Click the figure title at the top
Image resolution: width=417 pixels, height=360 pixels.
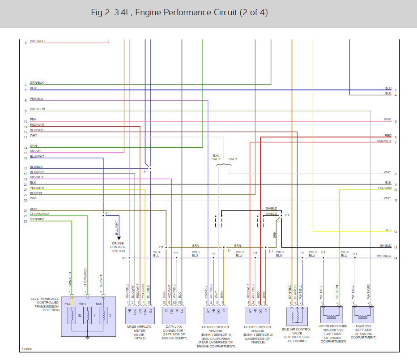[179, 13]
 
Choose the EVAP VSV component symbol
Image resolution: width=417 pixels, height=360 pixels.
[363, 313]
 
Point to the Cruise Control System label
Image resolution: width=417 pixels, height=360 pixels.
[119, 247]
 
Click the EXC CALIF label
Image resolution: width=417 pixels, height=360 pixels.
[216, 157]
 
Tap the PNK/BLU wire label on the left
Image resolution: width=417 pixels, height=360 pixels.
[37, 99]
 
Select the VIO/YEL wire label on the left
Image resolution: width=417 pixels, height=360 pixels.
[37, 151]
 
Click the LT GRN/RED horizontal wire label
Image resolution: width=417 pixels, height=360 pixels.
[40, 214]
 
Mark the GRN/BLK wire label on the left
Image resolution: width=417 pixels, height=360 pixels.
[37, 83]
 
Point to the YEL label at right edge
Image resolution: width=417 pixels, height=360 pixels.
[388, 230]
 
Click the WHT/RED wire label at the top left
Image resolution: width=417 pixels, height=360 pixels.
[37, 41]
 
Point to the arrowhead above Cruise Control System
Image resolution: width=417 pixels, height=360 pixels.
[119, 238]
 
